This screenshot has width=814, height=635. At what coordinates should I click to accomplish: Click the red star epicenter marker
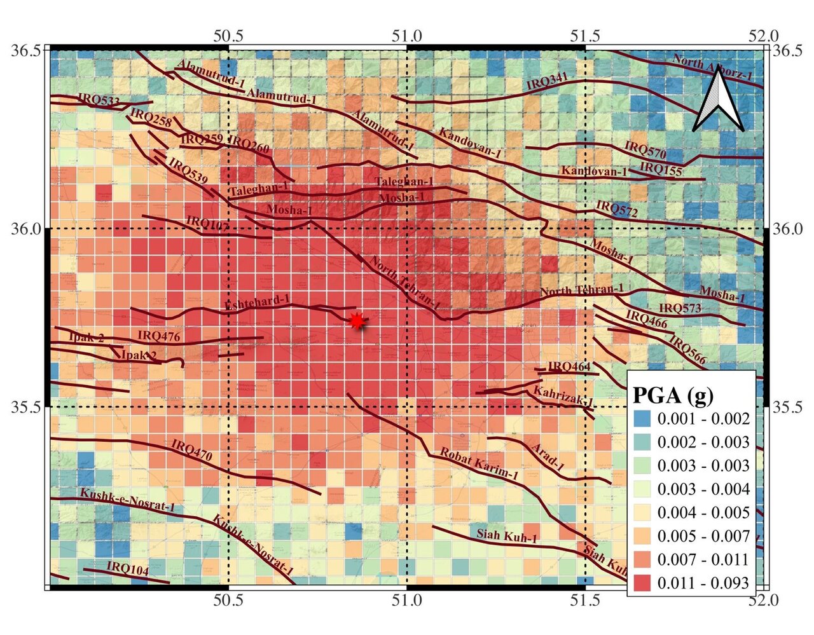coord(357,322)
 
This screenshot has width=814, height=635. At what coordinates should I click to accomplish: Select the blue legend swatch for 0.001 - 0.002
coord(644,418)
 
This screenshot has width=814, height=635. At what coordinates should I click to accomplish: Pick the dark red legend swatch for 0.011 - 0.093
coord(644,583)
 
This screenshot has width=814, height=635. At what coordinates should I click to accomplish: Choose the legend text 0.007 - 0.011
coord(703,559)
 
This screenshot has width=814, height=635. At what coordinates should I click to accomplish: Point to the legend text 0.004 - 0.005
coord(703,512)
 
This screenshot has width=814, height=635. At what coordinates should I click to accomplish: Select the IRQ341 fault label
coord(547,81)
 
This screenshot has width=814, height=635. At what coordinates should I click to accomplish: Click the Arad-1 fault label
coord(548,454)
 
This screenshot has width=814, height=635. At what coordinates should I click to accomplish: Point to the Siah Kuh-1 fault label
coord(507,536)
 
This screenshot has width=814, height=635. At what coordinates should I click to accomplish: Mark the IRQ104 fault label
coord(127,568)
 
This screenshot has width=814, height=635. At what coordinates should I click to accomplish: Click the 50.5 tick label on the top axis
coord(229,36)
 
